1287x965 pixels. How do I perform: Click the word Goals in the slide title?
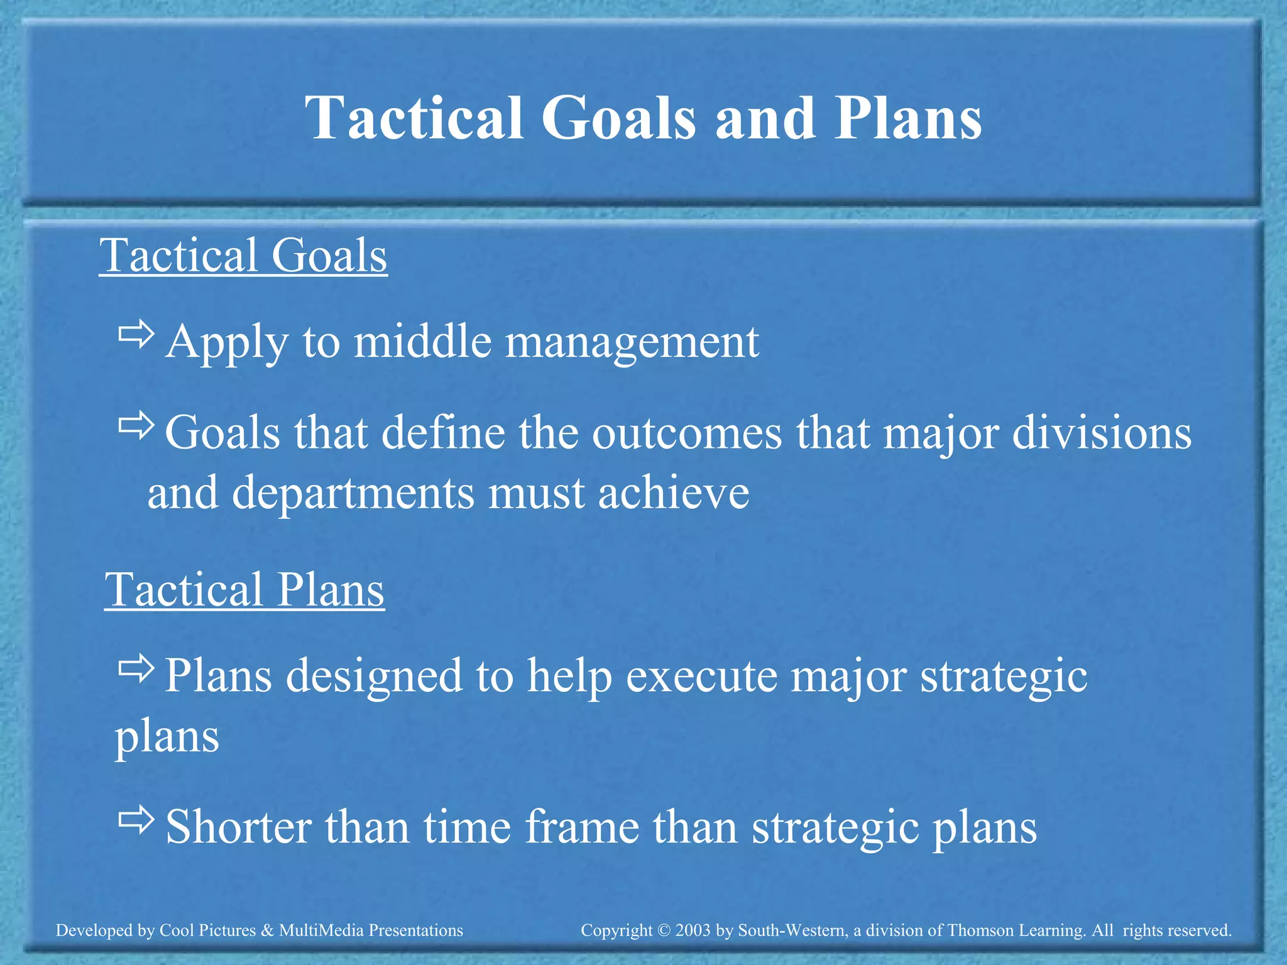tap(618, 118)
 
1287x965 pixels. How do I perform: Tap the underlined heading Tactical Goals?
tap(243, 256)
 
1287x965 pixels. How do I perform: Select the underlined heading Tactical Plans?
tap(244, 590)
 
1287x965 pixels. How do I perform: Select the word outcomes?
tap(687, 433)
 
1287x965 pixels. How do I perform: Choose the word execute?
tap(701, 677)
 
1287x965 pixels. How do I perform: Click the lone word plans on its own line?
tap(167, 736)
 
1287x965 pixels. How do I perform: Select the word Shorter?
tap(239, 827)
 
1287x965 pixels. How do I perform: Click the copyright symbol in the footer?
tap(664, 930)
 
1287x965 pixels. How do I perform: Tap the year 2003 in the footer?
tap(693, 930)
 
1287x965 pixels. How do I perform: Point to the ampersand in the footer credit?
tap(267, 930)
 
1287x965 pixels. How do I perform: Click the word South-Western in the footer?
tap(791, 930)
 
